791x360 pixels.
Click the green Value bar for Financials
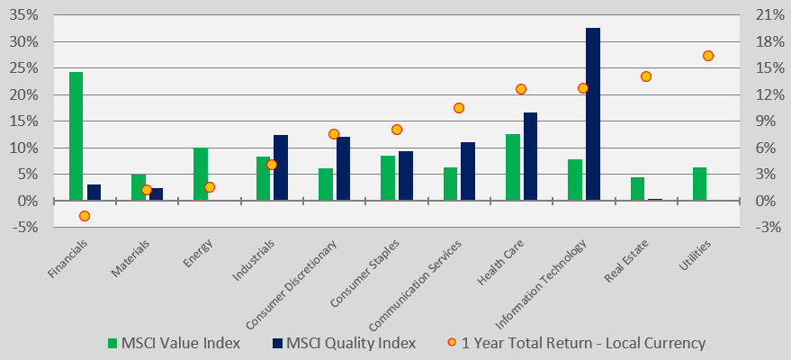tap(76, 136)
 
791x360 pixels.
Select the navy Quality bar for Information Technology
tap(593, 114)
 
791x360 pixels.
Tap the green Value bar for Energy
tap(201, 175)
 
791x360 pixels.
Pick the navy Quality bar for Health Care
tap(530, 157)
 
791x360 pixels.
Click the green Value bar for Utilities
tap(700, 184)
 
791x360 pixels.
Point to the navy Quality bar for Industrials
tap(281, 168)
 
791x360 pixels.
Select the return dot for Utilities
tap(708, 56)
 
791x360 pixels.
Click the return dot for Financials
tap(85, 216)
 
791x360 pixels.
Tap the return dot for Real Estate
tap(646, 76)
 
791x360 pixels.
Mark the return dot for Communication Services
tap(459, 108)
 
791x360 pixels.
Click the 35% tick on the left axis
tap(23, 15)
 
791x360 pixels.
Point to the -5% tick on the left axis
tap(23, 228)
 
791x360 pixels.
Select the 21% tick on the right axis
tap(767, 15)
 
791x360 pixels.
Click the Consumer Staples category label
tap(365, 273)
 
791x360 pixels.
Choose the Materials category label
tap(131, 258)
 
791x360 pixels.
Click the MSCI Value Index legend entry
tap(174, 344)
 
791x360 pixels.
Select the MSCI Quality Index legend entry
tap(344, 344)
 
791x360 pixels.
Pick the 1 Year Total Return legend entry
tap(576, 344)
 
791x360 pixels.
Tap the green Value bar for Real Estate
tap(638, 189)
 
